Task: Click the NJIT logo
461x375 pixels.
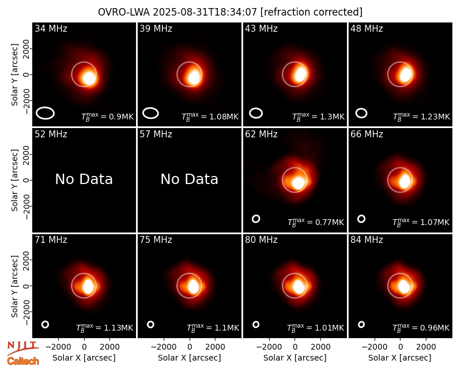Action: (22, 348)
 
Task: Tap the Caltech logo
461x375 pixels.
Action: (23, 361)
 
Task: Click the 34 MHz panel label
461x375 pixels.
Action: (51, 28)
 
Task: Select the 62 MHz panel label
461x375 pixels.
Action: (261, 134)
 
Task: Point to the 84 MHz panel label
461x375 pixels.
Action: (366, 240)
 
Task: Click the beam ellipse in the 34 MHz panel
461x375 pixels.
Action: (46, 113)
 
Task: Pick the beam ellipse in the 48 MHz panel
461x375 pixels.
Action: (361, 113)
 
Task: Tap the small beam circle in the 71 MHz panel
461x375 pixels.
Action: (45, 325)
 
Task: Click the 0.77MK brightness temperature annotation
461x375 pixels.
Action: (315, 222)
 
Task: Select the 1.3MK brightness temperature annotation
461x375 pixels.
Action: (318, 117)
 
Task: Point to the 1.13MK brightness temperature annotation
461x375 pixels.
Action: (105, 328)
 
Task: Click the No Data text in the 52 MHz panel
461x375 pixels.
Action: (84, 179)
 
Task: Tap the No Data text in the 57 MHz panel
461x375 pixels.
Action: (190, 179)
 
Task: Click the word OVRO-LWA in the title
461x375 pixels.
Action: (124, 12)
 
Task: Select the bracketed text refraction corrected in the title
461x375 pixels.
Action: (312, 12)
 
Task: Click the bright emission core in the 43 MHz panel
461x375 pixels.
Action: (300, 74)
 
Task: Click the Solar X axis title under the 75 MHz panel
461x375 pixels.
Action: (190, 358)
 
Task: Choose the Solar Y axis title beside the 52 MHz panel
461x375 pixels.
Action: (15, 180)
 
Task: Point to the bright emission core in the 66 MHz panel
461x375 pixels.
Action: (405, 181)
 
